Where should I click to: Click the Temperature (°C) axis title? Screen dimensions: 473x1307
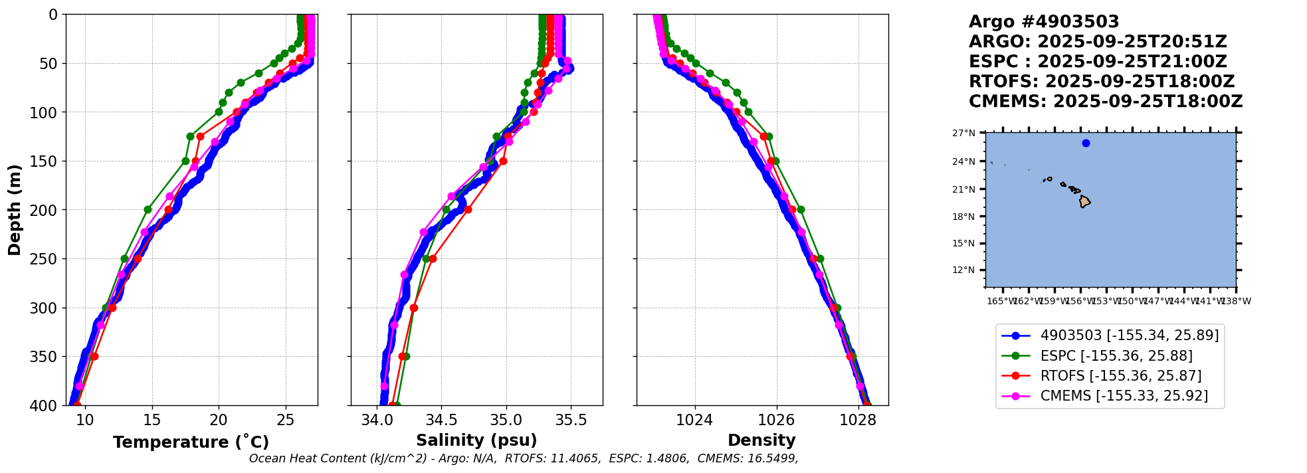tap(191, 442)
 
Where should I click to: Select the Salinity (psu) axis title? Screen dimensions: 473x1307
tap(476, 440)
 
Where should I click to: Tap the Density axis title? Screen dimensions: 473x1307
tap(761, 440)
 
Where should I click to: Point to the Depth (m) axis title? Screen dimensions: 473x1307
tap(15, 210)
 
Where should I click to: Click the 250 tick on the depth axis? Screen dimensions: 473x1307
tap(47, 259)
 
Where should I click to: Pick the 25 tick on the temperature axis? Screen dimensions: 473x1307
tap(286, 421)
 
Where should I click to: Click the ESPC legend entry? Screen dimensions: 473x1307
tap(1116, 356)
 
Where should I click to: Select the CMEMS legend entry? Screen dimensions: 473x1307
tap(1124, 397)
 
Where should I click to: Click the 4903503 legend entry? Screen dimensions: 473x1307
tap(1129, 336)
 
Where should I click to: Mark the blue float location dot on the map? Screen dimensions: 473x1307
tap(1086, 143)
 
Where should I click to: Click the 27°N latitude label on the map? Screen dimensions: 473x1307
tap(963, 134)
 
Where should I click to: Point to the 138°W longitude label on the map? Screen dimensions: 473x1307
tap(1236, 302)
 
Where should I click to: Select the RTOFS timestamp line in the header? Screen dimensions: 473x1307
tap(1101, 82)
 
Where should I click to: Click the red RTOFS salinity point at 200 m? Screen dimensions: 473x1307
tap(468, 210)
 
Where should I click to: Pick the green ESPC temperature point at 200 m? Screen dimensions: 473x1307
tap(148, 210)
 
